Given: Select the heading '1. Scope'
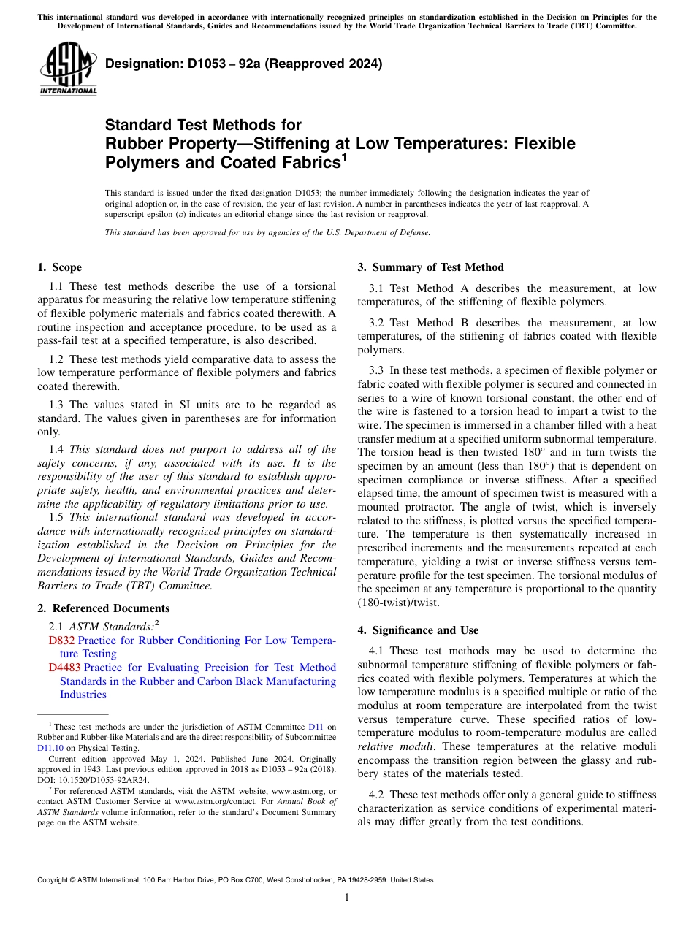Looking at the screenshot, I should click(59, 267).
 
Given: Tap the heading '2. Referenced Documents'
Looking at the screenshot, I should click(103, 608).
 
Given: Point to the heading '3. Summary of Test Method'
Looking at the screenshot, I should click(430, 267).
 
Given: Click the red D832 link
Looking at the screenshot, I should click(61, 641).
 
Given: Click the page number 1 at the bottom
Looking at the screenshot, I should click(347, 897).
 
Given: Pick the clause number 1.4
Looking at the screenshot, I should click(57, 449).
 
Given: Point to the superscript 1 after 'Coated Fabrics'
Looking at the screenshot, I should click(344, 156).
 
